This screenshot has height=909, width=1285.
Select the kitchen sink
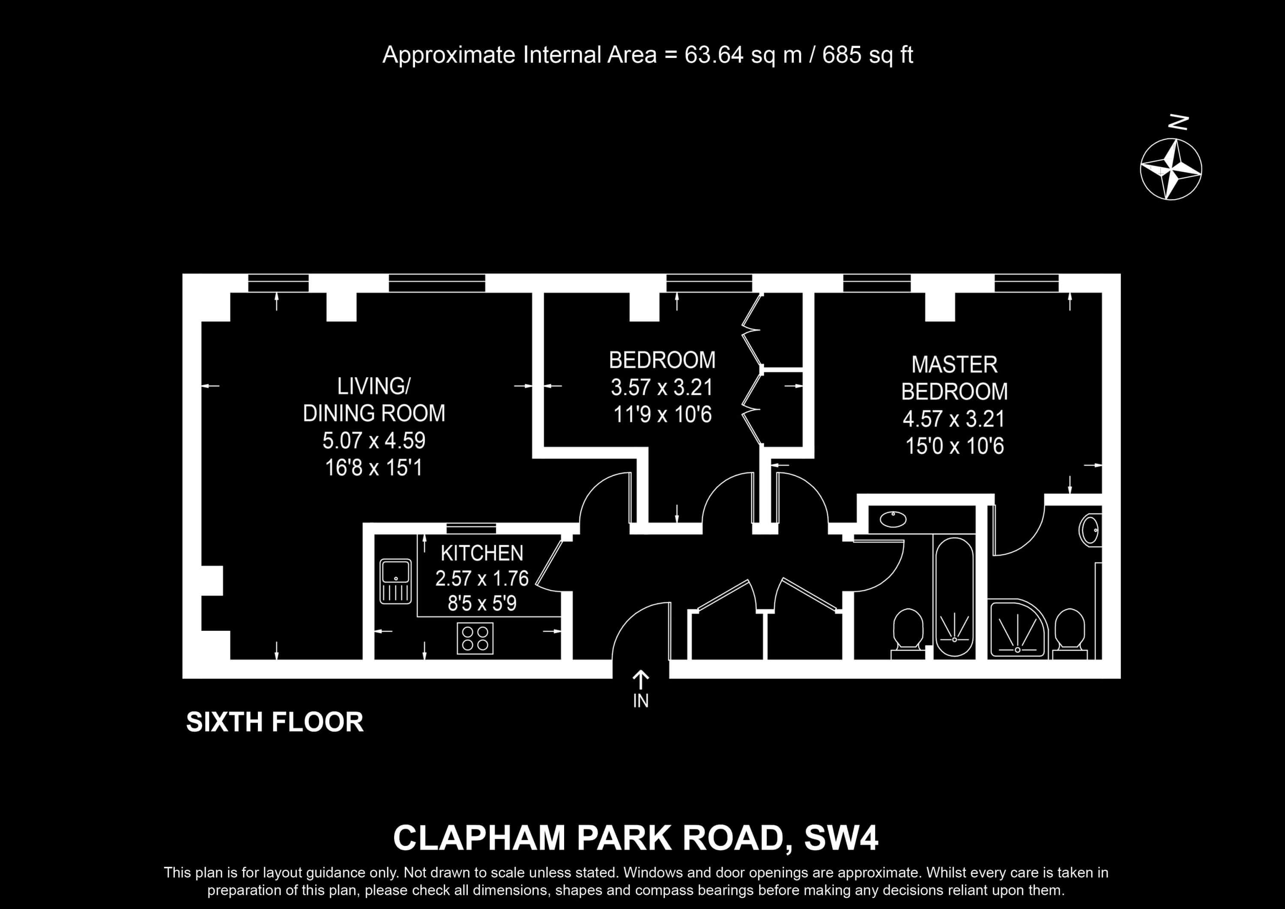(x=396, y=581)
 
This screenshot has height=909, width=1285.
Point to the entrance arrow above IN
(x=641, y=680)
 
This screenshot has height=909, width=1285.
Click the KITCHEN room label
(x=482, y=553)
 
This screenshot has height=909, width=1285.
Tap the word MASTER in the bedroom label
(x=954, y=365)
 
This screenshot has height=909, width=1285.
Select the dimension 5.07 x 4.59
(x=374, y=440)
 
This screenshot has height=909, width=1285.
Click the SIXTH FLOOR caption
(x=275, y=722)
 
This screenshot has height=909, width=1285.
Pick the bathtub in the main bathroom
(x=955, y=597)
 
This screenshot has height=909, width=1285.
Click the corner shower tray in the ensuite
(x=1017, y=628)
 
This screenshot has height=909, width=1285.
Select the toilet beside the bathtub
(x=908, y=634)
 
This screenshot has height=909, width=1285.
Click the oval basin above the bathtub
(x=893, y=519)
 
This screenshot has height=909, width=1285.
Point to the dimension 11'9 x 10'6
(x=663, y=414)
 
